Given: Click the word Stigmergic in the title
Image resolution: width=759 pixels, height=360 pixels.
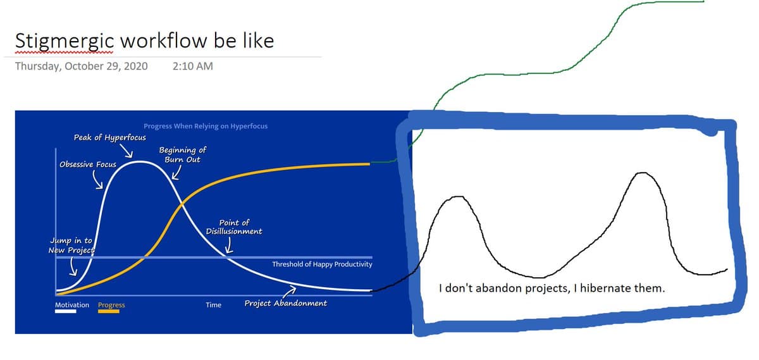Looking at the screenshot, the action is pos(65,42).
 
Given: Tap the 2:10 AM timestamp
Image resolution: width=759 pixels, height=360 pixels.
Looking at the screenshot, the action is pos(193,66).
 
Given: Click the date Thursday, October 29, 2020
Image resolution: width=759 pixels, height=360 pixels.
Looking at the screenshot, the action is pos(82,66).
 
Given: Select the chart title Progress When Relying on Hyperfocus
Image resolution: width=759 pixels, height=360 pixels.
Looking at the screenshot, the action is pos(206,126).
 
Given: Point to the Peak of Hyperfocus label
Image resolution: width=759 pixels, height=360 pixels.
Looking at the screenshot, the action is pos(110,138).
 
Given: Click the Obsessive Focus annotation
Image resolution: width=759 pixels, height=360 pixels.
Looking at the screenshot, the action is pos(88,164).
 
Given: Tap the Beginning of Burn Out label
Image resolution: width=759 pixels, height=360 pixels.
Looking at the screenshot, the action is pos(183,155).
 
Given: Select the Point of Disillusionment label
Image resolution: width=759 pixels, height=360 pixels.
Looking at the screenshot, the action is pos(234,227).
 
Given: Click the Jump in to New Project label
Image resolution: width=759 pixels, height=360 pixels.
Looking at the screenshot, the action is pos(71,245).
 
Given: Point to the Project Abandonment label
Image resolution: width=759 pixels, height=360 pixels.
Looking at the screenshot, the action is pos(286,303).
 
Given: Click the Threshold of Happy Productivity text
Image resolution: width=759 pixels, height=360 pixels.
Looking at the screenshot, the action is pos(322,264).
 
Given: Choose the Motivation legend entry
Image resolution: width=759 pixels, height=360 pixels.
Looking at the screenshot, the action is pos(72,305).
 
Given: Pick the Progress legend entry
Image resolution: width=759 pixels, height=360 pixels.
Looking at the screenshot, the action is pos(111,305).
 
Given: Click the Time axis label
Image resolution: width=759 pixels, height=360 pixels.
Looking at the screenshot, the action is pos(214,305).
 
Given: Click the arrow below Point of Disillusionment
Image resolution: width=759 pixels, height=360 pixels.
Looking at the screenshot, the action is pos(230,245).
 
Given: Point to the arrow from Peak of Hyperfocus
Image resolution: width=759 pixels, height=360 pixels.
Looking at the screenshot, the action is pos(126,151).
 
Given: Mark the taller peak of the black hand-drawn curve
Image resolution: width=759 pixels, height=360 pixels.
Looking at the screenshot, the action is pos(642,173).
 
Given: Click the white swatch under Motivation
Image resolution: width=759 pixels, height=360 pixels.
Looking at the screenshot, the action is pos(66,311).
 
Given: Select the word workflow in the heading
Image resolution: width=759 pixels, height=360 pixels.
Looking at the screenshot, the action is pos(164,40).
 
